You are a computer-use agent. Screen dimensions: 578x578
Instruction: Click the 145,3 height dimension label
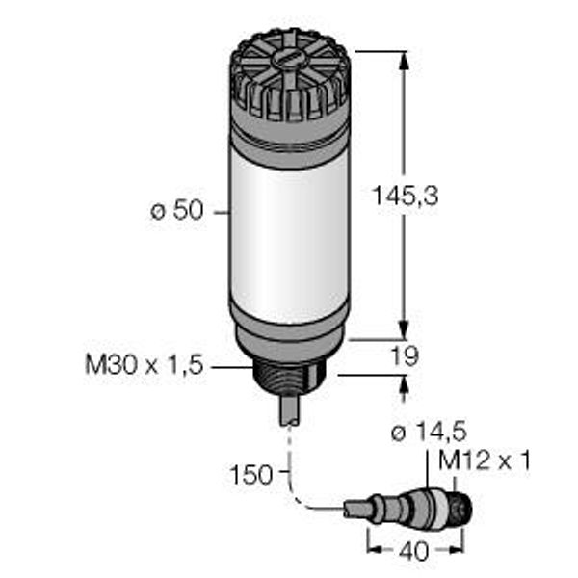[x=406, y=196]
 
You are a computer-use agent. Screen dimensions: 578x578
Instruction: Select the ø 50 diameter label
[x=177, y=211]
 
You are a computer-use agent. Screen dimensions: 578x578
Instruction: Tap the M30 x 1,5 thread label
[x=144, y=364]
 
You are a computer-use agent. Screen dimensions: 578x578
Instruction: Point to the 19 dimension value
[x=405, y=356]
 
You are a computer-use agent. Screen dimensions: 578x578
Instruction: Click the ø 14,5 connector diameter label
[x=429, y=432]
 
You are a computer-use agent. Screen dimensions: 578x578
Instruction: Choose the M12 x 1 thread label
[x=484, y=460]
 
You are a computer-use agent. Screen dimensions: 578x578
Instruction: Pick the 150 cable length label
[x=250, y=474]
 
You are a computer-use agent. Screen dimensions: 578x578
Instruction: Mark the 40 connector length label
[x=413, y=551]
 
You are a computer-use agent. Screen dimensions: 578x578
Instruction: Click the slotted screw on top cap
[x=289, y=59]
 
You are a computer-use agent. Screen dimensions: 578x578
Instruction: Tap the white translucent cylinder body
[x=290, y=236]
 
